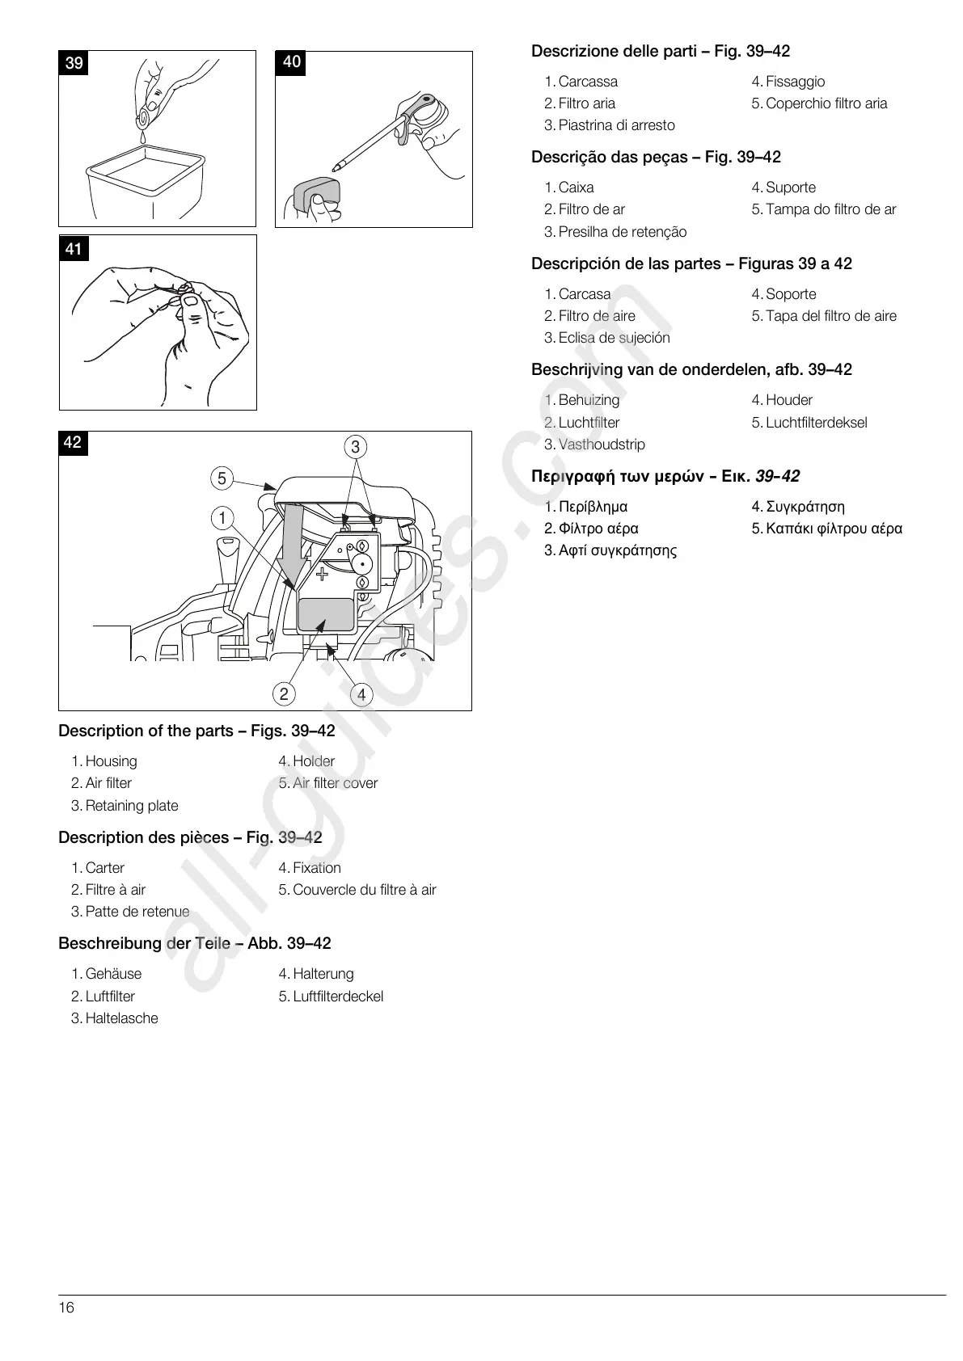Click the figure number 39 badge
pos(74,63)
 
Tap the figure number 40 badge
pos(291,62)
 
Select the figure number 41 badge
pos(74,249)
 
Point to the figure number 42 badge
pos(73,442)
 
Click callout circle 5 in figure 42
pos(222,478)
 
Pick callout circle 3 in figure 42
pos(355,447)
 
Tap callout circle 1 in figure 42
pos(222,518)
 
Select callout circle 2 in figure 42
pos(284,693)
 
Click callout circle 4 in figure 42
pos(361,694)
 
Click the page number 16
pos(66,1308)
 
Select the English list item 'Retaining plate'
pos(131,806)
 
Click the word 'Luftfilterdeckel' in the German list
pos(338,997)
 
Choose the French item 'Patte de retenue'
pos(137,912)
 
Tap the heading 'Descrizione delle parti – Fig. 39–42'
pos(661,52)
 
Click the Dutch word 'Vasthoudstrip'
pos(602,445)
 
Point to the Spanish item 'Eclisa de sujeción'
pos(614,338)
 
